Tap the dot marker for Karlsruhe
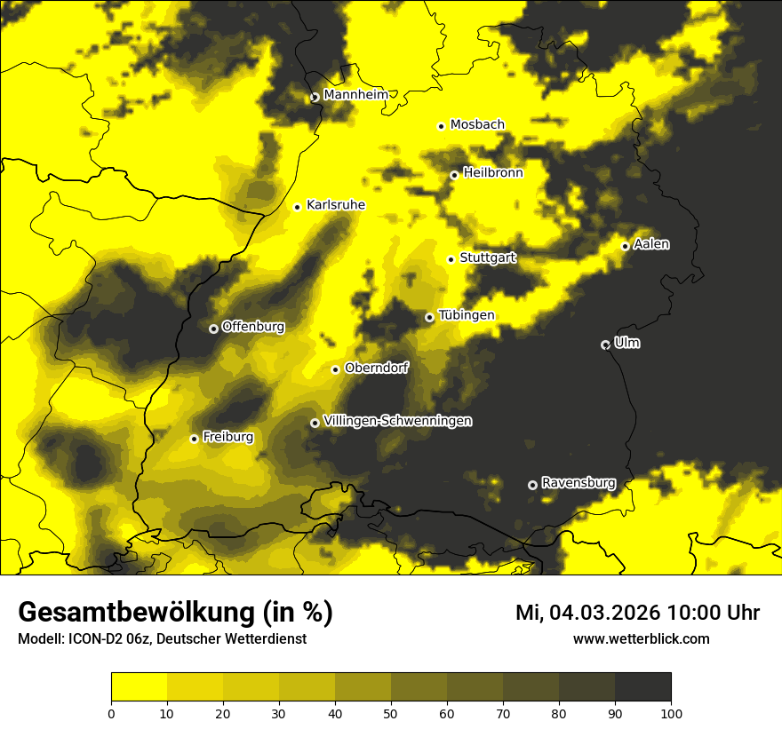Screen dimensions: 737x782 point(298,207)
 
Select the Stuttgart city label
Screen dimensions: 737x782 point(487,258)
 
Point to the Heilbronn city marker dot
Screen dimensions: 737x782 point(454,175)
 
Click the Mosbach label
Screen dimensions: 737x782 point(477,125)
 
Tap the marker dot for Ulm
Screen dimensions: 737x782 point(605,345)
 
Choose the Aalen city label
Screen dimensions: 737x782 point(651,244)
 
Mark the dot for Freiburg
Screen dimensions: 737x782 point(194,439)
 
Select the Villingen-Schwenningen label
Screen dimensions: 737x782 point(397,421)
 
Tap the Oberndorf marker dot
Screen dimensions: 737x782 point(335,369)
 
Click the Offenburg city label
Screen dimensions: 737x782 point(252,327)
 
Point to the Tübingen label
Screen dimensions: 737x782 point(466,315)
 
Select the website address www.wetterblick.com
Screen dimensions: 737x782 point(641,638)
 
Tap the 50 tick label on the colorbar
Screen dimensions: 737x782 point(391,712)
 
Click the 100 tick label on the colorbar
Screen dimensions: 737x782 point(670,712)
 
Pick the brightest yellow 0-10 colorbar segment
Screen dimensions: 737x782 point(140,686)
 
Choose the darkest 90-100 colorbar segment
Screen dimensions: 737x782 point(642,686)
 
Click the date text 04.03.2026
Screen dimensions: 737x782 point(602,613)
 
